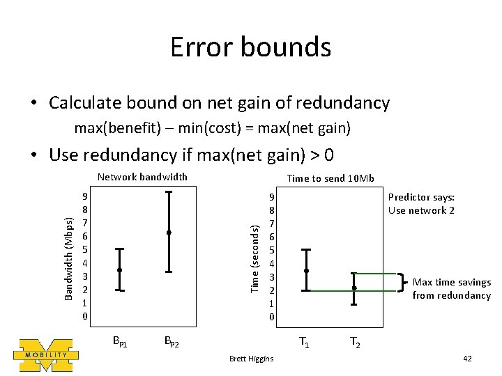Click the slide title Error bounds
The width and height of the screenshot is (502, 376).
tap(251, 47)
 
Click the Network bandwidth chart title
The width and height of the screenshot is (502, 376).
tap(142, 177)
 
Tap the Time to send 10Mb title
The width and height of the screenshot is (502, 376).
tap(331, 178)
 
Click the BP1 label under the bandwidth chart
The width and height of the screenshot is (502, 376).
tap(120, 342)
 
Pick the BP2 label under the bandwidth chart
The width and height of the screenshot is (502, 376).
tap(172, 342)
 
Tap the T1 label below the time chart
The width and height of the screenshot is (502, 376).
tap(305, 342)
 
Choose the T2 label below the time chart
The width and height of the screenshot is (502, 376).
tap(354, 342)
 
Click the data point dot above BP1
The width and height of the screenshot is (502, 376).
tap(120, 269)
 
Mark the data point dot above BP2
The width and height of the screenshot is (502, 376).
tap(169, 232)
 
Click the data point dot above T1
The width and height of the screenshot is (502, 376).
tap(306, 270)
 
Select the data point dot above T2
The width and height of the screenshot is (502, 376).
tap(354, 288)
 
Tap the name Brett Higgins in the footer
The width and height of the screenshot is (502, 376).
tap(251, 359)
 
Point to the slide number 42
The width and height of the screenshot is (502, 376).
tap(467, 359)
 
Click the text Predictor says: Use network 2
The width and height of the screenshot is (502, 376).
tap(421, 204)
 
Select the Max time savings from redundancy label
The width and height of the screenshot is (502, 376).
tap(451, 289)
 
